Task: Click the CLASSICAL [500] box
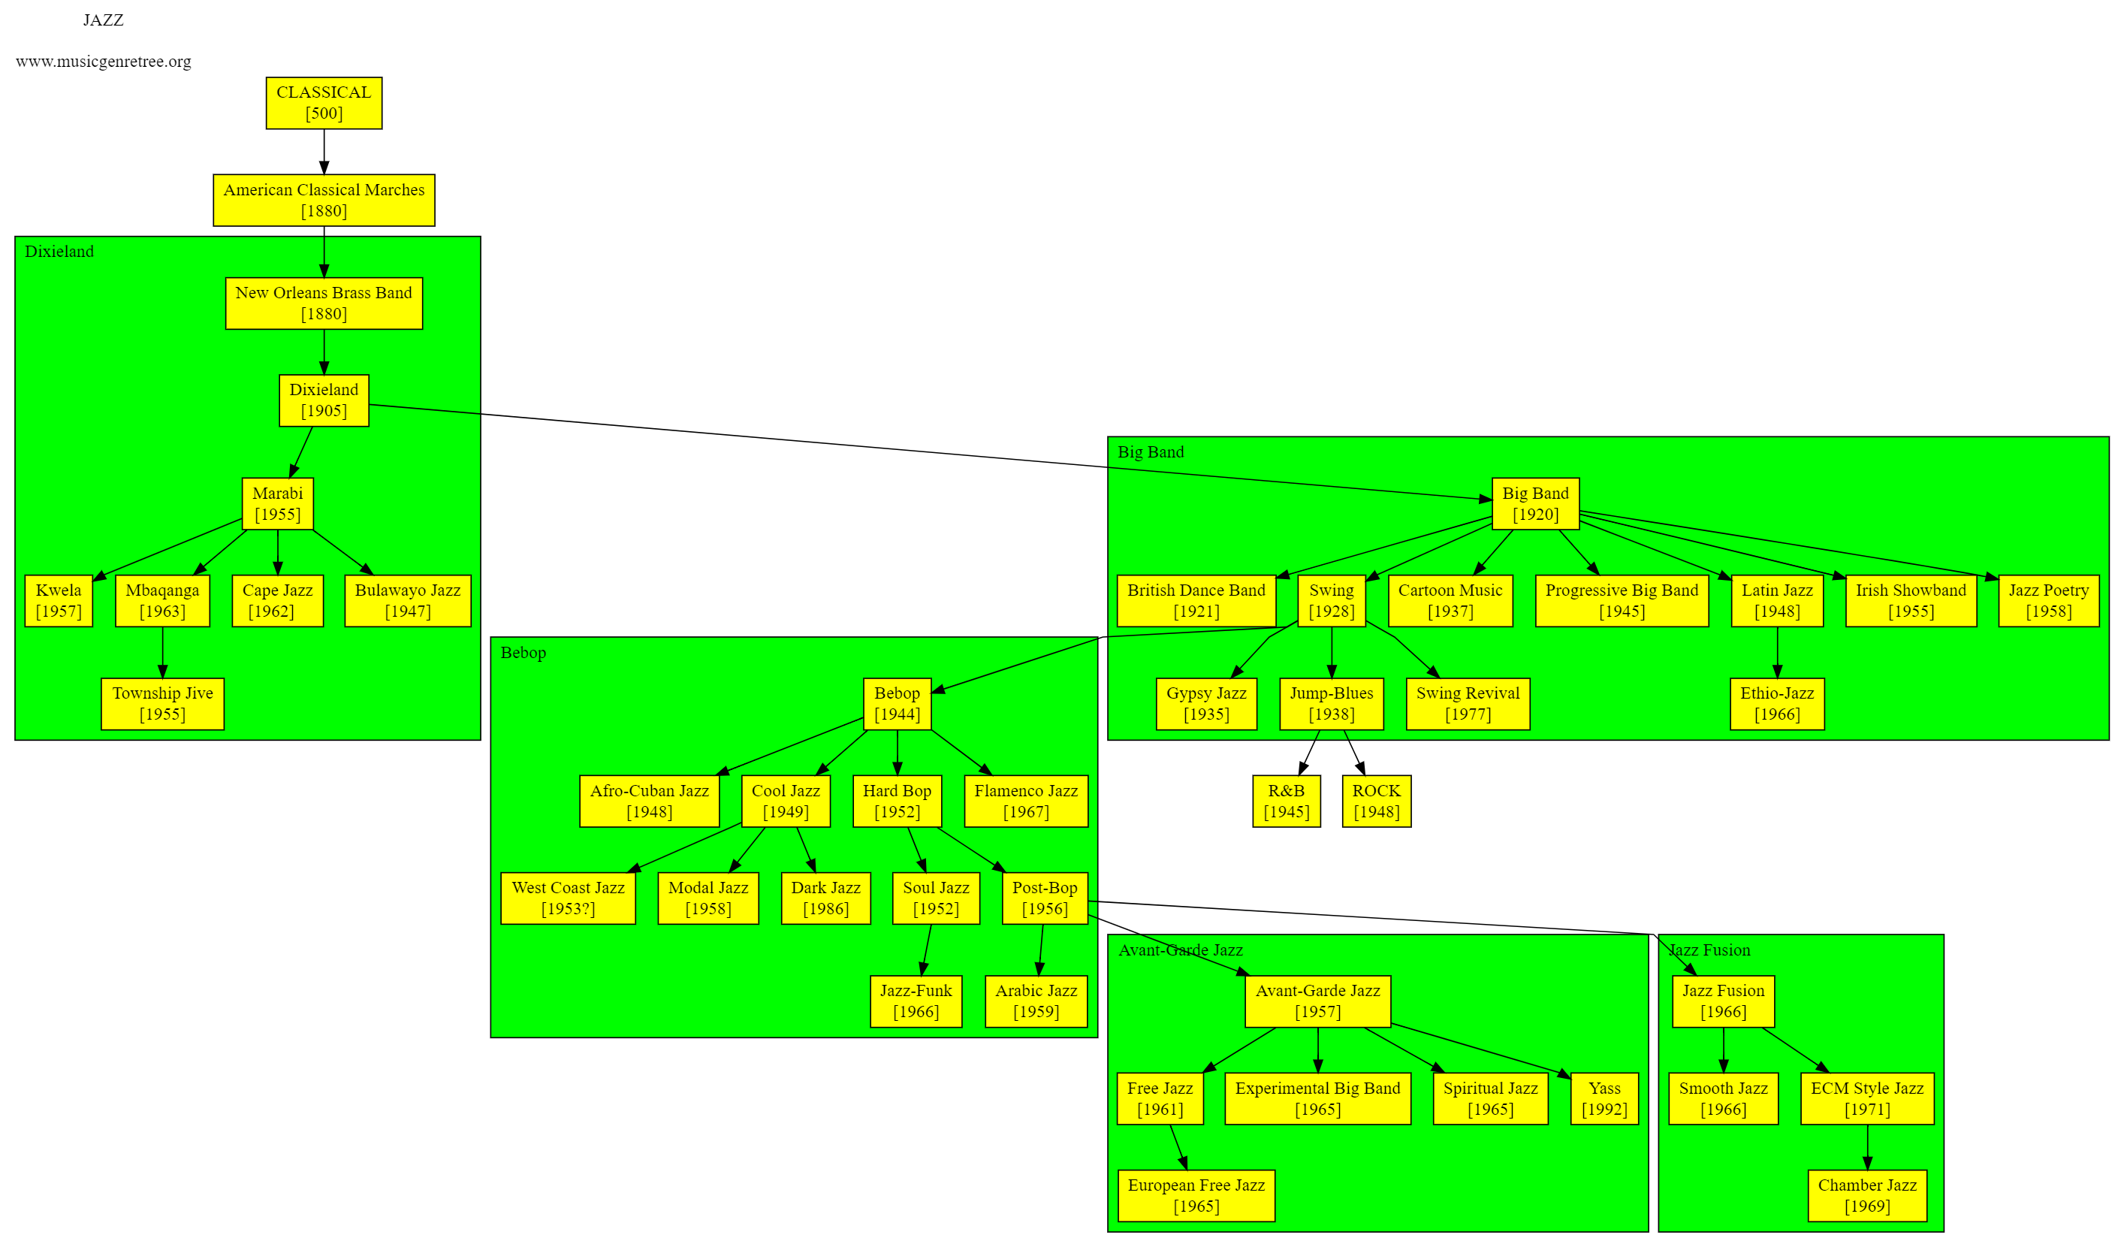[324, 103]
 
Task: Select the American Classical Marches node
[324, 200]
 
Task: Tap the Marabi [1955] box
[277, 503]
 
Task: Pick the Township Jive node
[163, 703]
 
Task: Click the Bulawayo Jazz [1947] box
[407, 600]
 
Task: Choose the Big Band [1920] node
[1535, 503]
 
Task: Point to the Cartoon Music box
[1450, 600]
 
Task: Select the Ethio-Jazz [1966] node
[1777, 703]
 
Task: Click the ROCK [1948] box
[1377, 801]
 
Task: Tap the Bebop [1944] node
[897, 703]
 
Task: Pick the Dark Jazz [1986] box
[825, 898]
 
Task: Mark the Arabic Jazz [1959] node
[1036, 1001]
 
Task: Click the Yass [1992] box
[1604, 1098]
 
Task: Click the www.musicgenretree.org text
[104, 62]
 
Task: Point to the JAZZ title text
[104, 20]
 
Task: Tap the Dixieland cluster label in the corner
[59, 251]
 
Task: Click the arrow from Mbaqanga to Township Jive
[163, 653]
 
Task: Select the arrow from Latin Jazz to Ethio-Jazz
[1777, 653]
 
